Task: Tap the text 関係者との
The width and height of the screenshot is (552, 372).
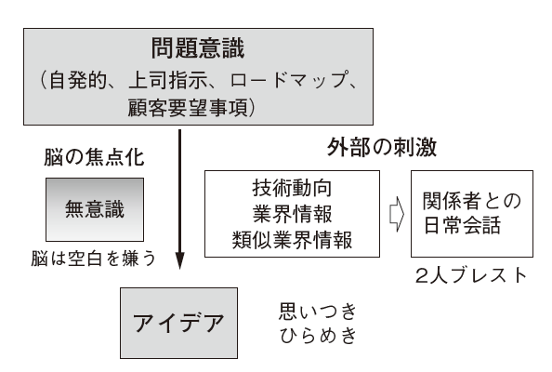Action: [472, 200]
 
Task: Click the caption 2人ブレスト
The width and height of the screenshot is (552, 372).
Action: [471, 276]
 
